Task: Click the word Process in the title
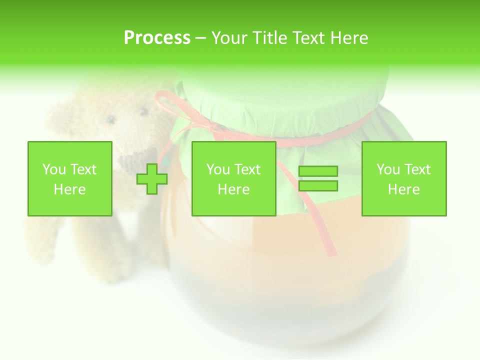tap(157, 38)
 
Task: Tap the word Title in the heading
tap(270, 38)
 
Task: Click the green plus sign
tap(152, 179)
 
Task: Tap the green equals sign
tap(318, 178)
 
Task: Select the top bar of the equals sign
tap(318, 171)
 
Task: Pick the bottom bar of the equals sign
tap(318, 186)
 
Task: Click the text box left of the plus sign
tap(69, 178)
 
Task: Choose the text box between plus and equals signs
tap(233, 178)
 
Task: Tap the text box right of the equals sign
tap(403, 178)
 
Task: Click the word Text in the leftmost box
tap(83, 169)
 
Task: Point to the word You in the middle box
tap(218, 169)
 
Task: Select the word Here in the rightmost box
tap(403, 189)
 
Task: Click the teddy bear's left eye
tap(110, 119)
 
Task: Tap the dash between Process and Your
tap(200, 38)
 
